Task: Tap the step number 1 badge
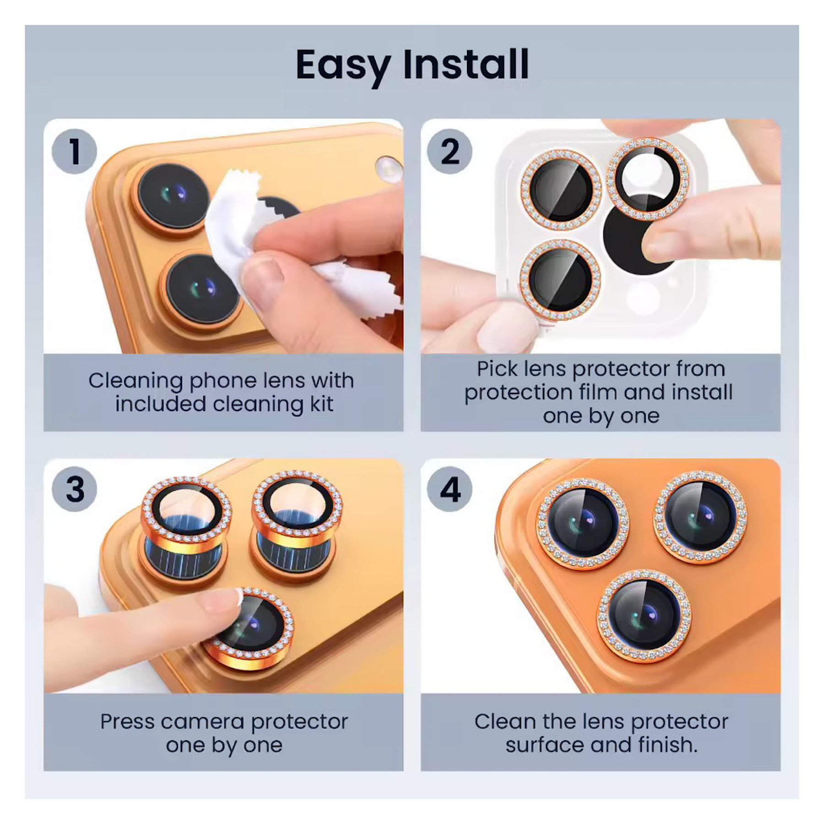(x=74, y=152)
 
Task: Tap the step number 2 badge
(x=450, y=152)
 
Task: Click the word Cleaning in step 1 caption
(x=136, y=381)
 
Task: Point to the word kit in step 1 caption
(x=321, y=404)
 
